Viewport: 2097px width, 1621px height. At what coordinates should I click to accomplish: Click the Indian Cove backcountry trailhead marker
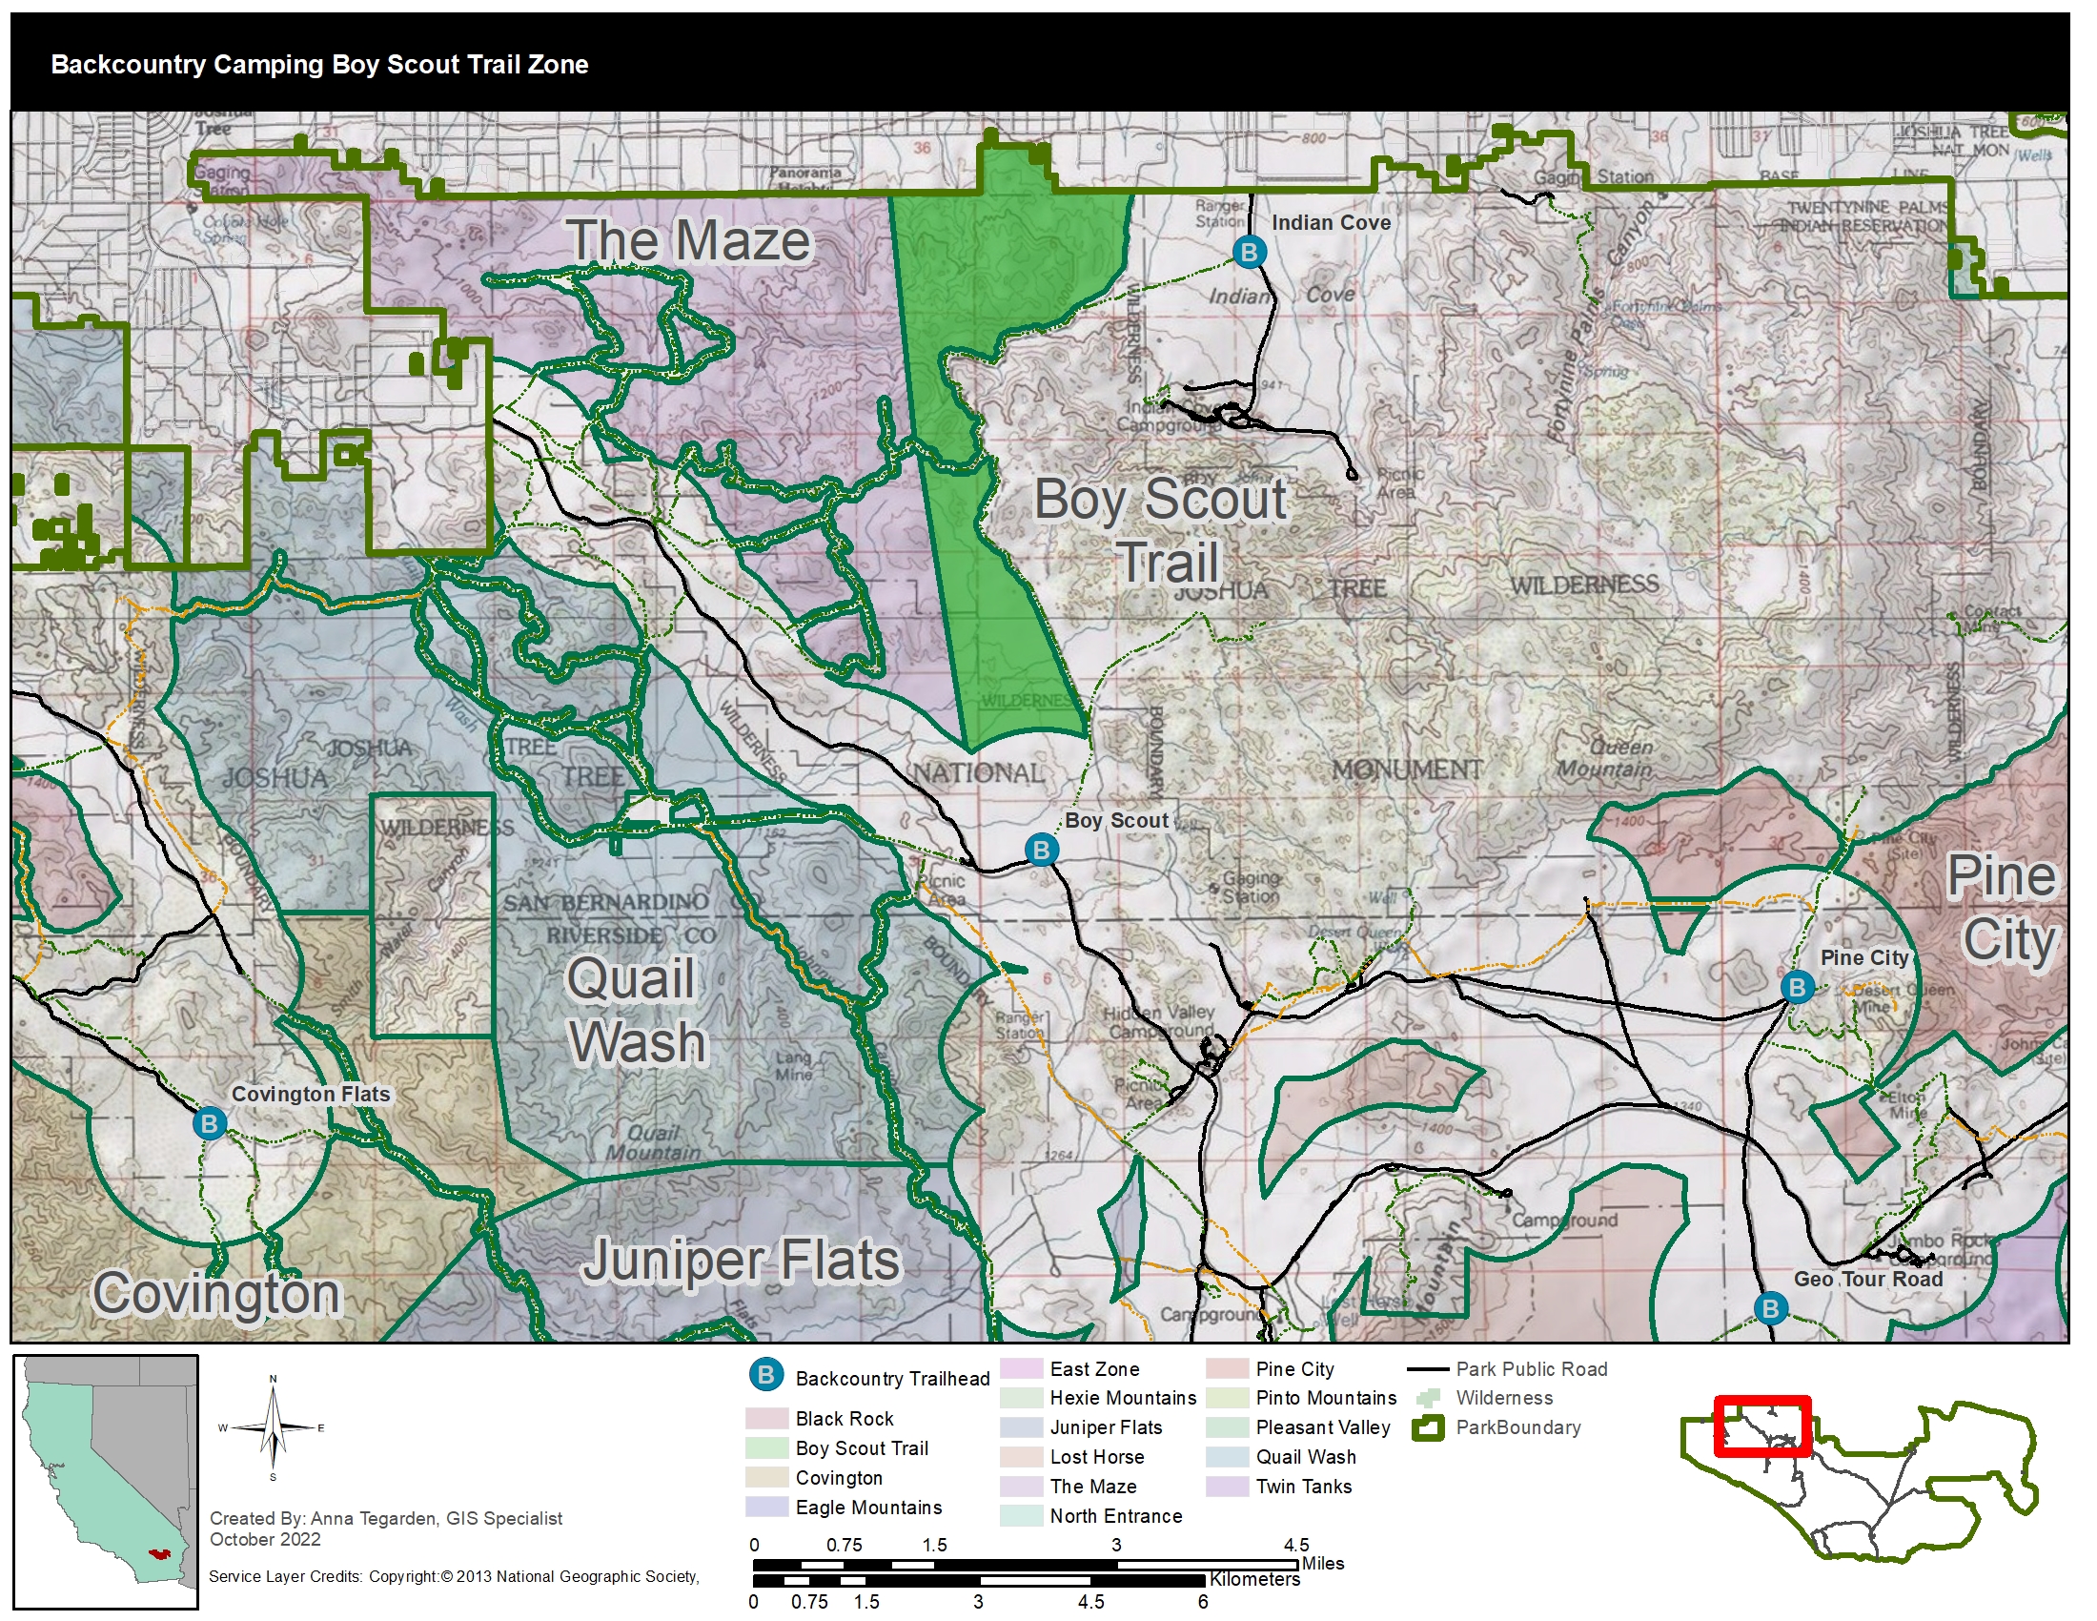tap(1249, 253)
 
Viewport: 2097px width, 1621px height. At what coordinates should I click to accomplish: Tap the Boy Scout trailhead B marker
tap(1041, 850)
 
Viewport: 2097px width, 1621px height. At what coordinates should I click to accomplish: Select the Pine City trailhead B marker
tap(1797, 987)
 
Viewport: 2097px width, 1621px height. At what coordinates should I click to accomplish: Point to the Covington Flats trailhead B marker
tap(210, 1123)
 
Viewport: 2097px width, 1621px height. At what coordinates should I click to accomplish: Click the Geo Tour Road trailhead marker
tap(1770, 1308)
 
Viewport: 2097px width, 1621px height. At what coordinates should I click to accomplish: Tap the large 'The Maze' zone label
tap(688, 240)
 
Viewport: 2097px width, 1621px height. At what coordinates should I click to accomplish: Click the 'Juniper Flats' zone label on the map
tap(742, 1260)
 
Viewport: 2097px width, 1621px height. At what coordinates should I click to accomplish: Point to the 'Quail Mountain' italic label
tap(653, 1141)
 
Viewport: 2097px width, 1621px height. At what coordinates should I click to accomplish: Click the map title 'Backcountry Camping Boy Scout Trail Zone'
tap(319, 64)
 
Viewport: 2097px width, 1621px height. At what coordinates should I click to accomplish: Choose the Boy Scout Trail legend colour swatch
tap(766, 1448)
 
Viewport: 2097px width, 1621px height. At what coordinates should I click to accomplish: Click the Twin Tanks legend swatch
tap(1226, 1487)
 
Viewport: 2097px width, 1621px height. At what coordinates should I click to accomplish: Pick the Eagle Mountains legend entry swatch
tap(766, 1507)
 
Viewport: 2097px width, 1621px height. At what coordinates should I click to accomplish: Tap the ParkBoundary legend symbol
tap(1428, 1428)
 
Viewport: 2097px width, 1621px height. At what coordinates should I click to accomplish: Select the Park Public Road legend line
tap(1428, 1369)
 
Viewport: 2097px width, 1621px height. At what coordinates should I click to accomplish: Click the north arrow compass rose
tap(273, 1428)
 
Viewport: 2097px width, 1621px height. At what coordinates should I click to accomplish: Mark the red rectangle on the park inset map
tap(1761, 1426)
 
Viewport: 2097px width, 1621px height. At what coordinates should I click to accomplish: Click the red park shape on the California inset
tap(159, 1552)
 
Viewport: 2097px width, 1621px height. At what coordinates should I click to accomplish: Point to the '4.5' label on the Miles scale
tap(1296, 1545)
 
